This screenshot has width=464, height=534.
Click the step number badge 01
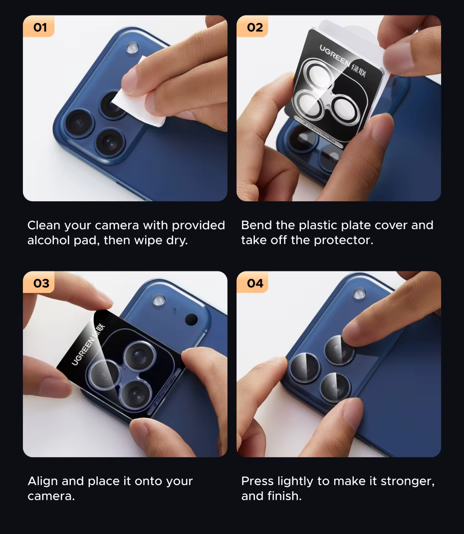pyautogui.click(x=38, y=26)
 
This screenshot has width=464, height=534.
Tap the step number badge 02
pyautogui.click(x=252, y=26)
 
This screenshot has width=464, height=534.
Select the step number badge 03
pyautogui.click(x=38, y=282)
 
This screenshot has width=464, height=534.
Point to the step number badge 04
pyautogui.click(x=252, y=282)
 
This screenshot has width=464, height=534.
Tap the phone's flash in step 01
pyautogui.click(x=132, y=48)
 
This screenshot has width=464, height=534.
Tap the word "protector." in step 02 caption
pyautogui.click(x=344, y=241)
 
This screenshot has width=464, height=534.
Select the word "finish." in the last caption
pyautogui.click(x=284, y=496)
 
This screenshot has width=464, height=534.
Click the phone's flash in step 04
pyautogui.click(x=359, y=293)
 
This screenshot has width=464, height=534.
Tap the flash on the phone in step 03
pyautogui.click(x=159, y=300)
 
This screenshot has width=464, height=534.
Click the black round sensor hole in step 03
pyautogui.click(x=191, y=319)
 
